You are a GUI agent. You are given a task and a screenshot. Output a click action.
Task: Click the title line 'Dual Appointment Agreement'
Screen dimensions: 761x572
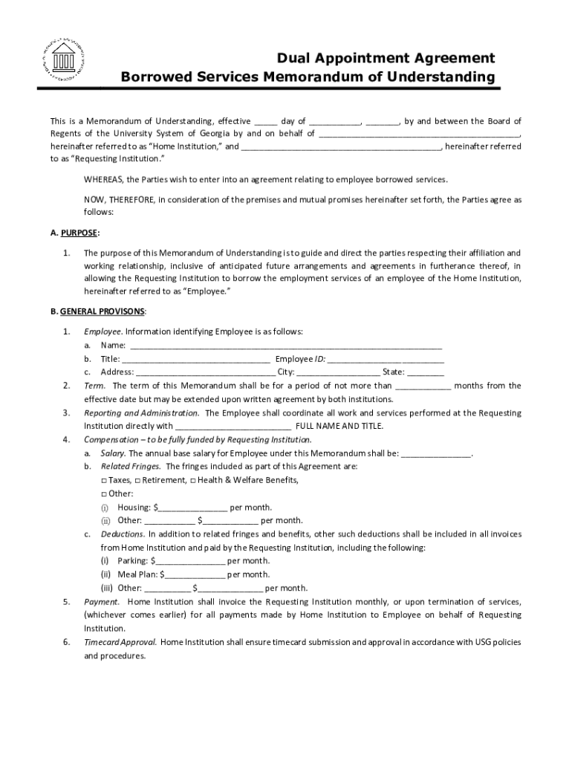386,58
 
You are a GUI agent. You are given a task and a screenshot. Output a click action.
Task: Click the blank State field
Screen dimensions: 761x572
426,372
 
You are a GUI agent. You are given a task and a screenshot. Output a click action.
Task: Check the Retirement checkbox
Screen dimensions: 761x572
137,480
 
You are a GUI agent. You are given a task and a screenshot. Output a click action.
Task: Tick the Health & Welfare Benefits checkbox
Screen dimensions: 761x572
193,480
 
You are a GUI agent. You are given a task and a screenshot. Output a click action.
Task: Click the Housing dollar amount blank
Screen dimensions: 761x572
192,508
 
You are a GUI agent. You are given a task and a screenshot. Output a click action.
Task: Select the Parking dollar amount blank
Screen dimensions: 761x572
190,561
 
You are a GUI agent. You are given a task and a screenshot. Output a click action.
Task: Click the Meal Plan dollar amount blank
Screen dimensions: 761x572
193,574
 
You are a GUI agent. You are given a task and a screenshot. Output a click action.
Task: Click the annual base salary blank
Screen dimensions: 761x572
436,453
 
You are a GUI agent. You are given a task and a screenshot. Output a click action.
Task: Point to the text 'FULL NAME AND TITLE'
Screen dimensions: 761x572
339,427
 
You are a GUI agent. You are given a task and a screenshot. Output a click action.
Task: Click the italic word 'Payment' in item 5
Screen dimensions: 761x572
100,601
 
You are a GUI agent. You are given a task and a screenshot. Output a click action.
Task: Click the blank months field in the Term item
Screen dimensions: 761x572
423,386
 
